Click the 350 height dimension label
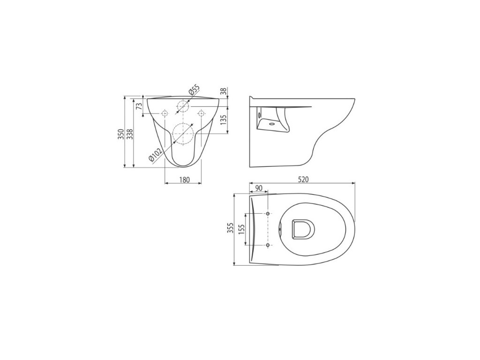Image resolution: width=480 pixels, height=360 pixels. click(121, 134)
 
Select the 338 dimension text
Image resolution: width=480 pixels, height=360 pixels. click(130, 134)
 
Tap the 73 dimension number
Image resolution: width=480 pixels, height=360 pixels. click(139, 106)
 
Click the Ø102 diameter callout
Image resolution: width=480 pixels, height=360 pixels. click(155, 154)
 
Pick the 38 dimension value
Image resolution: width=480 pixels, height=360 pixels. click(224, 91)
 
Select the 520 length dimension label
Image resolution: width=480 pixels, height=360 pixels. click(303, 180)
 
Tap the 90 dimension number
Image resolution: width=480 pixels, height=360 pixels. click(259, 188)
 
